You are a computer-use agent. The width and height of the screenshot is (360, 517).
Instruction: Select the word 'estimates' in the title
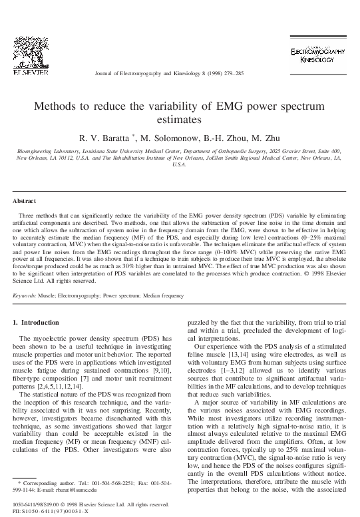tap(180, 121)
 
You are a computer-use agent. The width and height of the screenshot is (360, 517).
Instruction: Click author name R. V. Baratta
tap(106, 138)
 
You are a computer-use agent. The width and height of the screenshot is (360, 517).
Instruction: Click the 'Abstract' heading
tap(25, 200)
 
